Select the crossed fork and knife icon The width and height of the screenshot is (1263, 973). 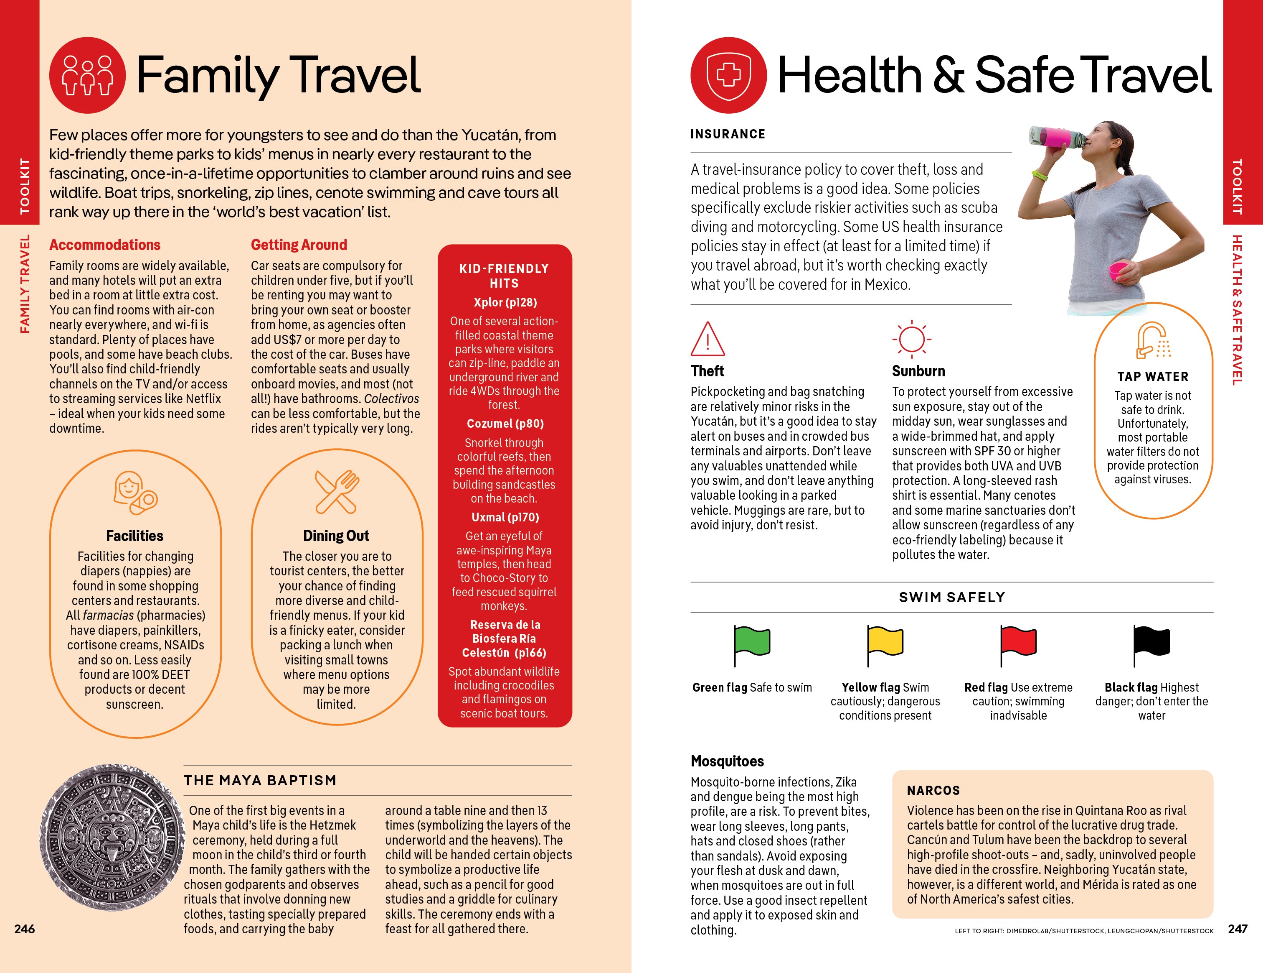pos(337,492)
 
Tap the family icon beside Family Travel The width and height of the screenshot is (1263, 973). pos(87,75)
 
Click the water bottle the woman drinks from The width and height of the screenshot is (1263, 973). pos(1056,137)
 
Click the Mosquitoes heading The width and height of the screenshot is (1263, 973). pos(727,761)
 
